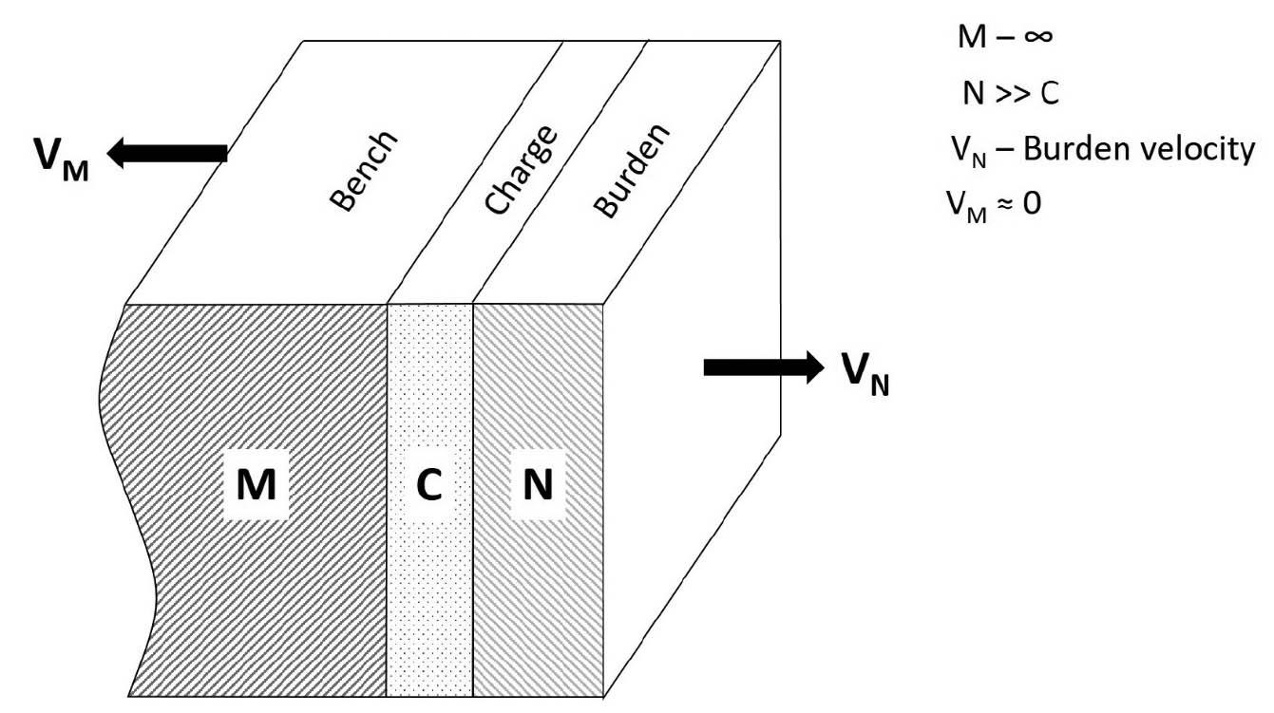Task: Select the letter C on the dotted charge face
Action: click(428, 486)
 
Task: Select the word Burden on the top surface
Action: click(631, 172)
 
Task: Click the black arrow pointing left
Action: click(165, 152)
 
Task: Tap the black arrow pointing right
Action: click(764, 366)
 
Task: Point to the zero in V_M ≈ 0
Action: click(1032, 203)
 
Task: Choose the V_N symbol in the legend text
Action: click(964, 152)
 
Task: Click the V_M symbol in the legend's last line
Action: click(964, 205)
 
